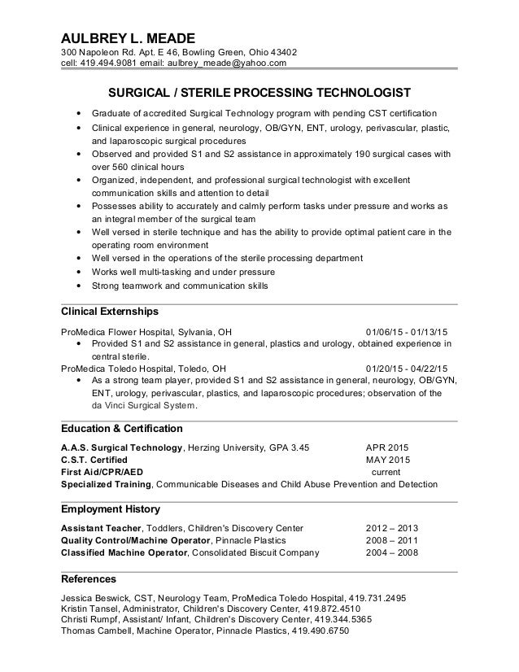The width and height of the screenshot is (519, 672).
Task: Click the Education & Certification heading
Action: [122, 428]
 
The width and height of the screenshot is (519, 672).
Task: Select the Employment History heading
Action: [111, 509]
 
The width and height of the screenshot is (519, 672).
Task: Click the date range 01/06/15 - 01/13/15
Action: [412, 332]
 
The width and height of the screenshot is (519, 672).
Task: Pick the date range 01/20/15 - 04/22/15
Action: [412, 367]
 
